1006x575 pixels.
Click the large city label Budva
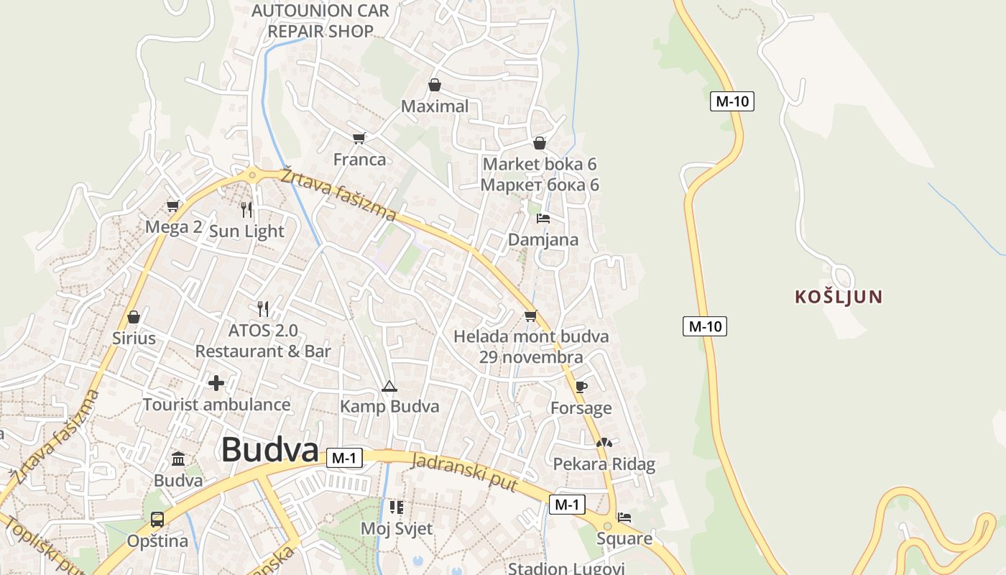click(x=269, y=451)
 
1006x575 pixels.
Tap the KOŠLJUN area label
click(x=839, y=297)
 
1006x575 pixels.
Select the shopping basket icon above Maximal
click(x=435, y=85)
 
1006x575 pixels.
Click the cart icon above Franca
click(x=359, y=137)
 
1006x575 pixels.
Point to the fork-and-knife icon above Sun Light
click(x=246, y=209)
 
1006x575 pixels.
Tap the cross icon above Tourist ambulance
click(x=216, y=382)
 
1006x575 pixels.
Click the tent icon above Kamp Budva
click(x=389, y=387)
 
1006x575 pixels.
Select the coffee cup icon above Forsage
click(x=581, y=387)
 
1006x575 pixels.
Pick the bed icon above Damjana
click(x=543, y=218)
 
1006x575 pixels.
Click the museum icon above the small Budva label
click(x=178, y=459)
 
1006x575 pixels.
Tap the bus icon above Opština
click(x=157, y=519)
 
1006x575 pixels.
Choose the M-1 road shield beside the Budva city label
click(x=344, y=458)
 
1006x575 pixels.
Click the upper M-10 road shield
click(x=732, y=101)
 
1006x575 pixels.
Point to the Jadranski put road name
click(x=464, y=472)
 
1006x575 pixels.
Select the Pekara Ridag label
click(x=604, y=464)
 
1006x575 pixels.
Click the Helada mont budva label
click(x=531, y=336)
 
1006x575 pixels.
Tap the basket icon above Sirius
click(x=134, y=316)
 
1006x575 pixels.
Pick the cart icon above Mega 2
click(x=173, y=206)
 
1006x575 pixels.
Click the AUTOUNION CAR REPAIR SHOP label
click(x=320, y=21)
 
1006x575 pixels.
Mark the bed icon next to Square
click(x=624, y=517)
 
